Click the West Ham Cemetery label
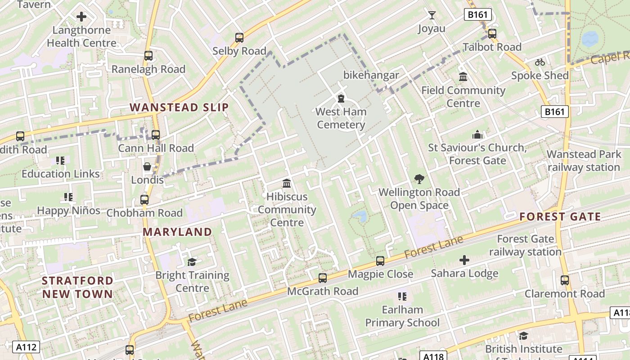coord(341,118)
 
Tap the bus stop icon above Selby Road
coord(239,37)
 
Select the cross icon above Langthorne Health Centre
coord(81,17)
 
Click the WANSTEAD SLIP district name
coord(180,107)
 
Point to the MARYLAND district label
coord(177,232)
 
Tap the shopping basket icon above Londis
coord(147,166)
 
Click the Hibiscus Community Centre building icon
coord(287,183)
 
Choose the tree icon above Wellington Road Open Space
coord(419,179)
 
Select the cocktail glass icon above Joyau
coord(432,15)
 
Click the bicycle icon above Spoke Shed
coord(540,62)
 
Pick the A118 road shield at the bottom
coord(434,356)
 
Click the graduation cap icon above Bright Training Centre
coord(192,261)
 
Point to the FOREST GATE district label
coord(560,217)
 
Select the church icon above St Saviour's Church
coord(477,134)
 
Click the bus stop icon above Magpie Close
coord(380,261)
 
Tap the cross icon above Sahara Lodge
coord(464,260)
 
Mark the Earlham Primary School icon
coord(402,296)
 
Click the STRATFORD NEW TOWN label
coord(77,287)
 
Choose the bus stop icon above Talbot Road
coord(492,33)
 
